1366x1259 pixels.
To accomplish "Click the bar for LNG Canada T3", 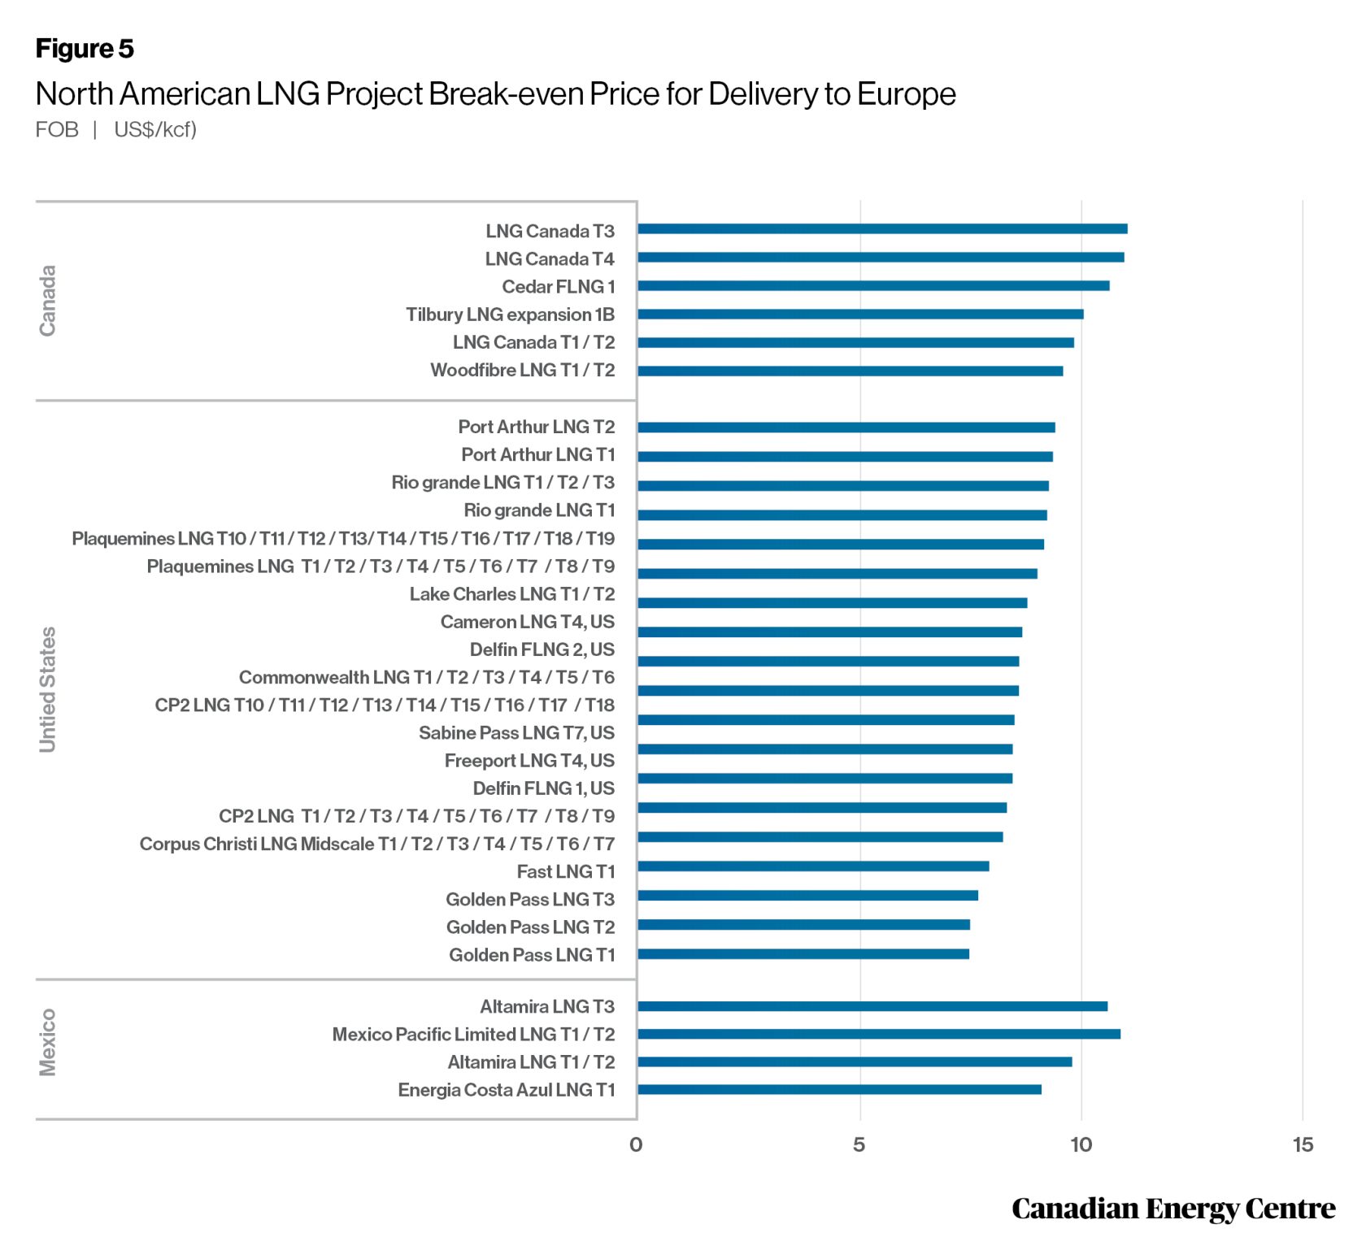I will [x=882, y=229].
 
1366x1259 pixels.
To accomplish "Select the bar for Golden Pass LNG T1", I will [x=803, y=954].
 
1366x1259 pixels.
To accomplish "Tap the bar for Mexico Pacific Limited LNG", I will [x=879, y=1035].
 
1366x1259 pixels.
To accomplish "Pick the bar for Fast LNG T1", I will [x=813, y=866].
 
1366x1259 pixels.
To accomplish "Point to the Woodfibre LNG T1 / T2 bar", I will [x=850, y=371].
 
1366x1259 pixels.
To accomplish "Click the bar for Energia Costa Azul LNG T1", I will [x=839, y=1090].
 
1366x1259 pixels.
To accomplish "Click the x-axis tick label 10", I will [x=1081, y=1145].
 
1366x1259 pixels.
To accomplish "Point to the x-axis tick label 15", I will [x=1303, y=1145].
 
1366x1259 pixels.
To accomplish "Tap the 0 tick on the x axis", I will [x=636, y=1145].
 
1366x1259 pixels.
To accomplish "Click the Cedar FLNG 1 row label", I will [x=558, y=287].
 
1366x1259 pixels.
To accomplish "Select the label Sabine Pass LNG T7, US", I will [x=516, y=733].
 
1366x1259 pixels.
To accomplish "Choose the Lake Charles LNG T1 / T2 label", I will [x=511, y=594].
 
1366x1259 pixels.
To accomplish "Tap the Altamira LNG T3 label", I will [x=546, y=1007].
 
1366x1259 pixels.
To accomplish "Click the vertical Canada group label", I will [x=48, y=301].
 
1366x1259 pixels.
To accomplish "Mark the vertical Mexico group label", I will [x=48, y=1043].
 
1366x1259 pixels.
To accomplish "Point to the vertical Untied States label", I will [x=48, y=689].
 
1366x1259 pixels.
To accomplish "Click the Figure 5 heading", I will [x=85, y=49].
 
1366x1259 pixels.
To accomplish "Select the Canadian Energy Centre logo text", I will [x=1172, y=1209].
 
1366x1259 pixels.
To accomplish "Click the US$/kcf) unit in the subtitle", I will [x=155, y=130].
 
